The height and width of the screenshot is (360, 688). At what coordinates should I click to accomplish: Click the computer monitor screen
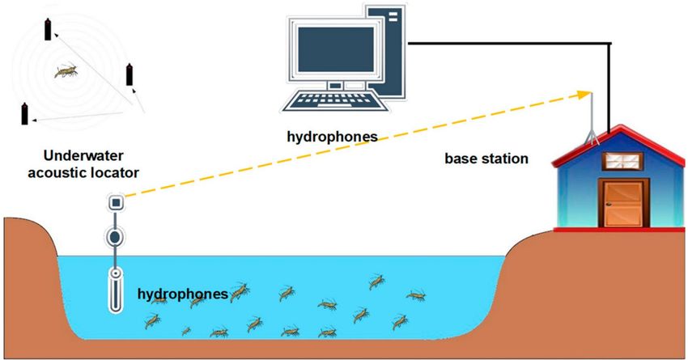pos(336,49)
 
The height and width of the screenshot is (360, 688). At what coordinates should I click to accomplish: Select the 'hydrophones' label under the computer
pos(332,137)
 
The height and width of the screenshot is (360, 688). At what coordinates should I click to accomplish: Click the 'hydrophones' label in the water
pos(183,294)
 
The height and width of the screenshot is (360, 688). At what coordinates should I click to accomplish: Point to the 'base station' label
pos(486,159)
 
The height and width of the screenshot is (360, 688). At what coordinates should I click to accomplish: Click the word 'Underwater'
pos(83,155)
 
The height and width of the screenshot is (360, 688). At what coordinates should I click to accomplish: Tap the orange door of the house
pos(623,203)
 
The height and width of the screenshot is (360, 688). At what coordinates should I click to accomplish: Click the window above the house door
pos(622,161)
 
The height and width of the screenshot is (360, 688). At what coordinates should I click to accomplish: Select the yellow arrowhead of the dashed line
pos(584,95)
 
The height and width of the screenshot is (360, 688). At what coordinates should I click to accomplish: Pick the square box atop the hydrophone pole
pos(116,202)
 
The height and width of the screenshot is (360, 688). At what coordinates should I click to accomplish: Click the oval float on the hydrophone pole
pos(115,237)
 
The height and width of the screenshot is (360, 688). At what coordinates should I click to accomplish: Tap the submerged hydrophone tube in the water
pos(115,290)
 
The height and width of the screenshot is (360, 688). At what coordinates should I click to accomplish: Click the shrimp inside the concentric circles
pos(66,71)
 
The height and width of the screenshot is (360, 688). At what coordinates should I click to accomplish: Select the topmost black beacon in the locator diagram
pos(48,29)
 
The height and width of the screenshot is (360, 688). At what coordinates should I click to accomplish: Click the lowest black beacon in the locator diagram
pos(24,113)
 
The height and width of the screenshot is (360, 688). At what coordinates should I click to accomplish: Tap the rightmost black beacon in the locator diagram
pos(130,74)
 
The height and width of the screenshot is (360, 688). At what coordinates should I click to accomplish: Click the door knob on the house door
pos(609,205)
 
